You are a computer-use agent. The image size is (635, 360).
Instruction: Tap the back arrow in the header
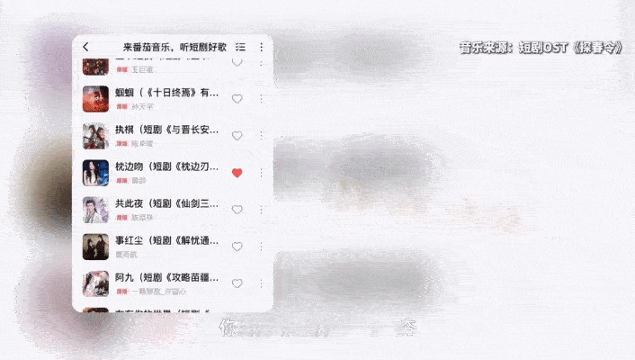[x=85, y=47]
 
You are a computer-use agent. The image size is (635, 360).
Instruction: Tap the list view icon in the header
[x=240, y=47]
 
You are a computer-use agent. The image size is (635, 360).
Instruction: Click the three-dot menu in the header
[x=262, y=47]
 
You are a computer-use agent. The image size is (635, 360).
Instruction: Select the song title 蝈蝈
[x=166, y=93]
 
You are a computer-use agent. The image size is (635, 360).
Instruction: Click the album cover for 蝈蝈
[x=95, y=98]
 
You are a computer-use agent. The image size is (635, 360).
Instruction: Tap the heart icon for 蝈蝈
[x=237, y=99]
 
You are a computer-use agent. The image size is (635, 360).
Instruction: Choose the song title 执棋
[x=166, y=130]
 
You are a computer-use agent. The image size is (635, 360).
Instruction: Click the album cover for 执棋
[x=95, y=136]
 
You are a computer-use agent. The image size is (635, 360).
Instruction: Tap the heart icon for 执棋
[x=237, y=136]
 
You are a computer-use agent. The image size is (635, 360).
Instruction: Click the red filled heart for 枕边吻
[x=237, y=173]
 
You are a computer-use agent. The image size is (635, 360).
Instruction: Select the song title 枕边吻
[x=166, y=166]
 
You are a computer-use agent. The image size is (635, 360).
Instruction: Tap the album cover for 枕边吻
[x=95, y=173]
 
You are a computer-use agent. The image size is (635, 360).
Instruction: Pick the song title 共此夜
[x=166, y=203]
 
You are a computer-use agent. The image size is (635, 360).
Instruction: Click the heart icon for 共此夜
[x=237, y=210]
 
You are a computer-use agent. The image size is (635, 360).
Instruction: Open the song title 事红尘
[x=166, y=240]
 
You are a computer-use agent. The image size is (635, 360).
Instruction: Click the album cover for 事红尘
[x=95, y=247]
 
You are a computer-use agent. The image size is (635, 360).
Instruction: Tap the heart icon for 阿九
[x=237, y=283]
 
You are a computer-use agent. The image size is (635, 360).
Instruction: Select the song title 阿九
[x=166, y=277]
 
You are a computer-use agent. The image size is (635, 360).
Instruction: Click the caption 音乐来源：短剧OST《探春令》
[x=540, y=48]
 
